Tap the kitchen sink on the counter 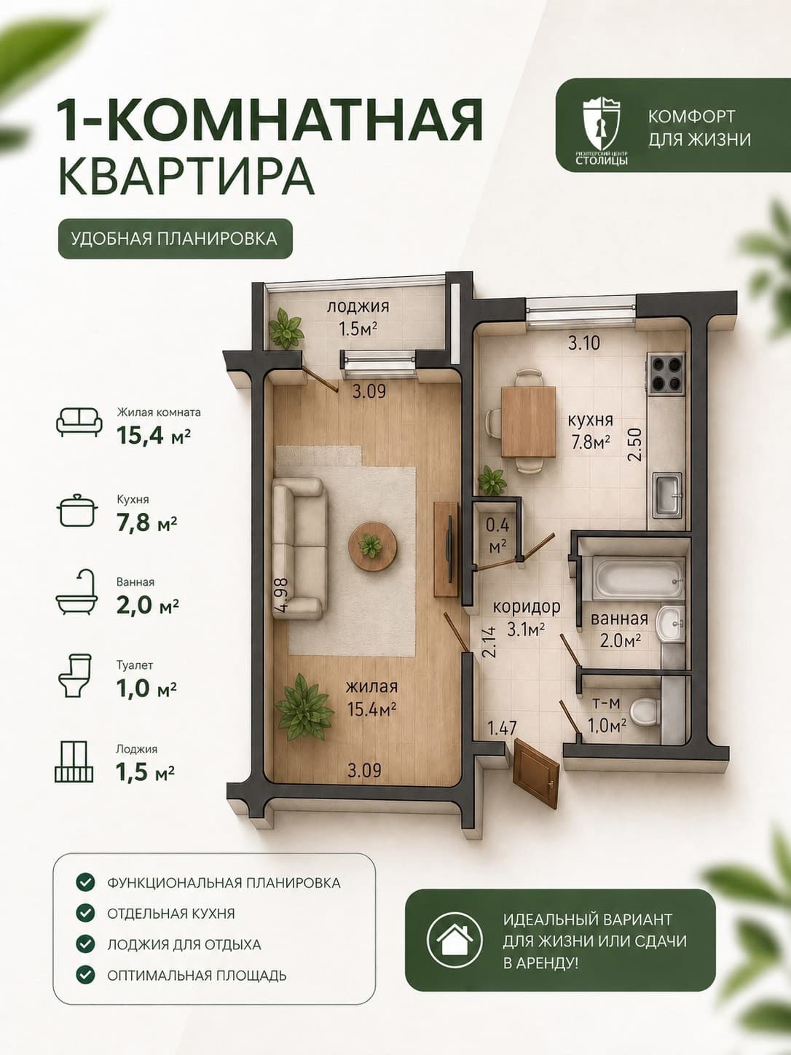coord(668,495)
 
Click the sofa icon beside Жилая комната coord(79,422)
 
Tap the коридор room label coord(527,607)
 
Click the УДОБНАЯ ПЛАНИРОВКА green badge coord(176,239)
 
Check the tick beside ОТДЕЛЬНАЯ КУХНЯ coord(85,911)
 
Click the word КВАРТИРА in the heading coord(186,176)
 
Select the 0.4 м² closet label coord(497,535)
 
